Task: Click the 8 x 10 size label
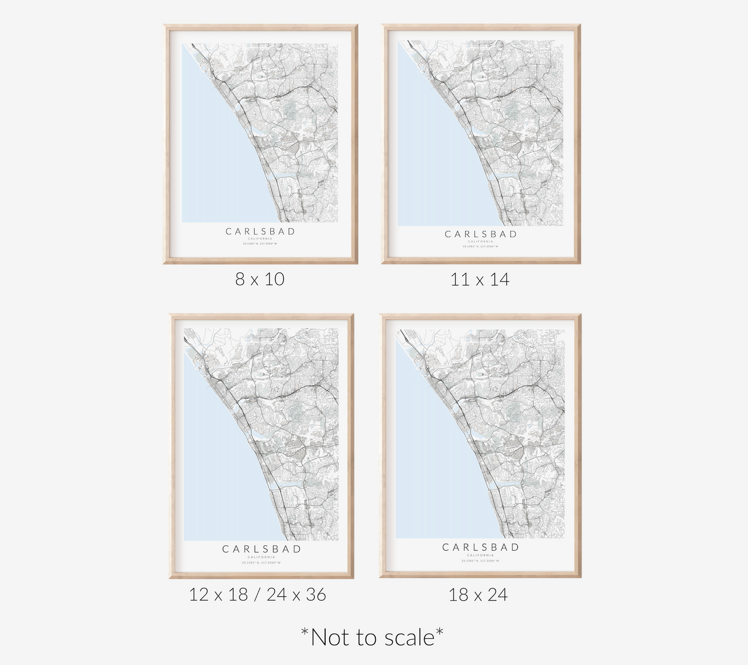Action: pos(260,279)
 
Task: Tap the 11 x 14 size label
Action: pos(480,280)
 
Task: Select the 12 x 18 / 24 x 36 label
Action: pos(257,595)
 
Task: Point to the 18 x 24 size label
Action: pos(478,595)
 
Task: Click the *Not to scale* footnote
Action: pos(372,637)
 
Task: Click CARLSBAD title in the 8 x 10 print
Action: pos(260,231)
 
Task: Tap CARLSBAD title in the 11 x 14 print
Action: pos(481,234)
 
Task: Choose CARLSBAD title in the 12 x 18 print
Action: pos(261,549)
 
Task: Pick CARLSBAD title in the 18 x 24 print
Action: pos(480,547)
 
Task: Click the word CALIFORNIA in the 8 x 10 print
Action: pos(260,239)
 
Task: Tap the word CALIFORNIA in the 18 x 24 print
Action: pos(480,555)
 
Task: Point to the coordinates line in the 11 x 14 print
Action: pos(481,246)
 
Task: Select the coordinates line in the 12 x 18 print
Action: pos(261,563)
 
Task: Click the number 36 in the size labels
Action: pos(315,595)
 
